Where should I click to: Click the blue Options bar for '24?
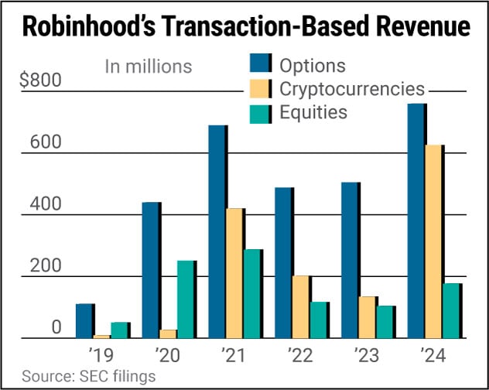click(415, 221)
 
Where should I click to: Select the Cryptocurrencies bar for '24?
click(433, 241)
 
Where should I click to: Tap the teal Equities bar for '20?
click(185, 299)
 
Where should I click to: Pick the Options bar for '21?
click(217, 231)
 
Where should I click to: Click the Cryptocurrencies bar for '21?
click(235, 273)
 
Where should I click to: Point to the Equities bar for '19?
click(120, 330)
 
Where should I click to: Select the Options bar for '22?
click(283, 263)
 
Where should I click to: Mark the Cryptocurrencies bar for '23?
click(368, 317)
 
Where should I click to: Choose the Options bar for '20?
click(150, 270)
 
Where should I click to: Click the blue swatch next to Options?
click(260, 65)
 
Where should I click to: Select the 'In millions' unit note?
click(148, 67)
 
